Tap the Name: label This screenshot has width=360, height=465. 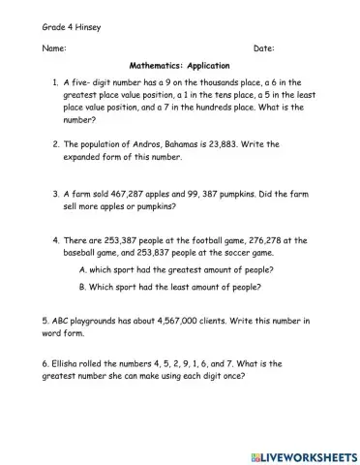54,47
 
